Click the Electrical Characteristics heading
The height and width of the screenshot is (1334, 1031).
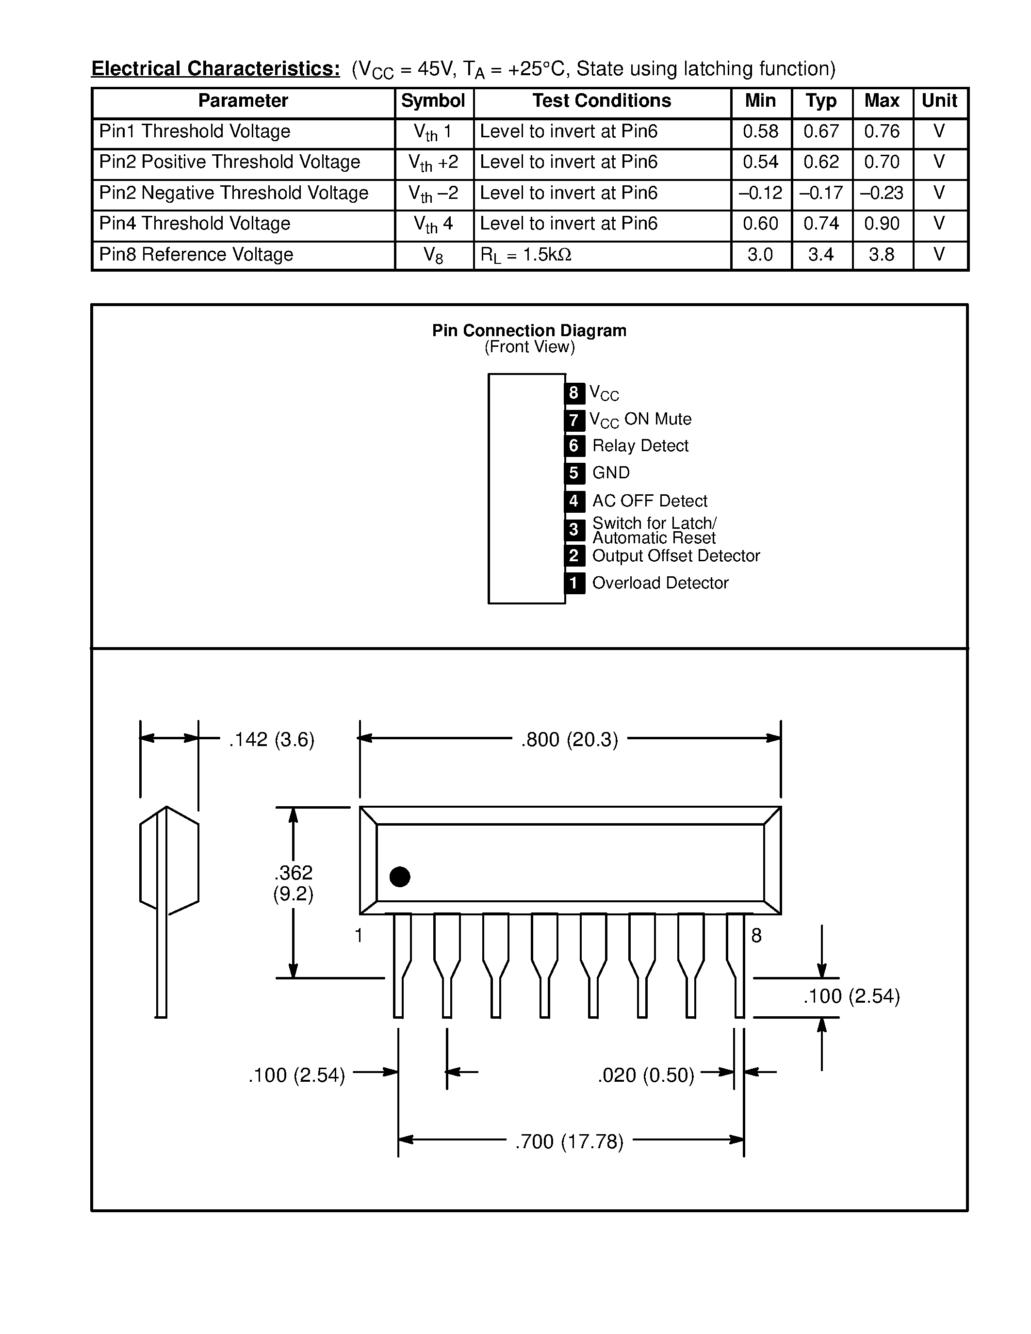pos(215,68)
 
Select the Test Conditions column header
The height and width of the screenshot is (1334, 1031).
pos(601,101)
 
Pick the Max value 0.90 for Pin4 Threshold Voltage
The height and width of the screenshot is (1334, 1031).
pos(882,224)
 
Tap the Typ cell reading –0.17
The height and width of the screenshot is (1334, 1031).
pos(821,193)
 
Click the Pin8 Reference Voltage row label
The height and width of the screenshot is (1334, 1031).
pos(196,255)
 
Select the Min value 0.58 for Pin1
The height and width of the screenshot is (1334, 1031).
pos(760,131)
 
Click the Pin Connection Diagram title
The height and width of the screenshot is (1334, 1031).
pos(529,330)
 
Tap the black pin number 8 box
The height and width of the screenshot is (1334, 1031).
pos(573,393)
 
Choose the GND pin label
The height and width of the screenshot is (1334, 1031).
pos(611,473)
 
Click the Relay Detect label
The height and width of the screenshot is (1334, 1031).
pos(639,446)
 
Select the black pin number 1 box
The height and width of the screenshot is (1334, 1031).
pos(573,583)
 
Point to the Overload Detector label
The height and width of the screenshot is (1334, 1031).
pos(660,583)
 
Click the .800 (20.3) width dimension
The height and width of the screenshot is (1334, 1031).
pos(569,740)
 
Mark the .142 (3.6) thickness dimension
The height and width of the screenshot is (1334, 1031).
pos(271,740)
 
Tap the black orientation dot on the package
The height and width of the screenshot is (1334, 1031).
pos(399,877)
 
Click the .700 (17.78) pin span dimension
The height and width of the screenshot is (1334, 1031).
pos(569,1141)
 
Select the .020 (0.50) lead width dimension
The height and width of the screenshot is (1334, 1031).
pos(646,1075)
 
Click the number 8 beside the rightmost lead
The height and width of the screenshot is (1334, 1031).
pos(756,936)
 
